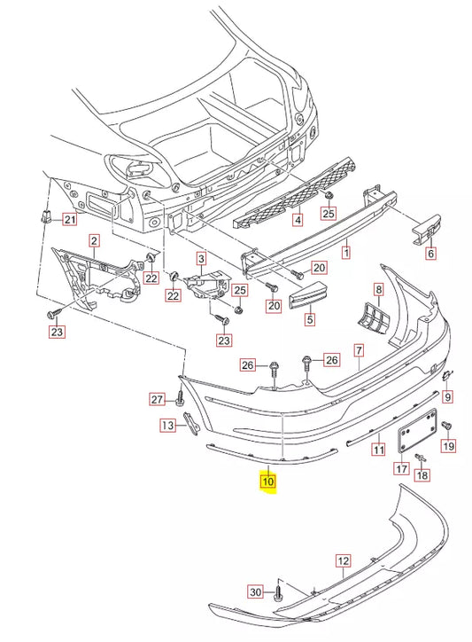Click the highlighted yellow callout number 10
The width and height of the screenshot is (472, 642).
coord(267,483)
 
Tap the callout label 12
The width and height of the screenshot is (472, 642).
coord(343,560)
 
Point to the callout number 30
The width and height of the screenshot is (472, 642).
coord(255,591)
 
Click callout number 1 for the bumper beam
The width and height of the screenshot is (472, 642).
coord(345,253)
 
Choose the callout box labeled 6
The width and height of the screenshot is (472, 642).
coord(431,253)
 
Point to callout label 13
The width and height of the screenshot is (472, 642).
coord(166,427)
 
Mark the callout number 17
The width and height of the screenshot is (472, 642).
coord(401,469)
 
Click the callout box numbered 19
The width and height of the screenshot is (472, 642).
coord(448,448)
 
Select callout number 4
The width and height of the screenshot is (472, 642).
coord(298,218)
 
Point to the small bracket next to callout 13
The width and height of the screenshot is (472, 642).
coord(190,424)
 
